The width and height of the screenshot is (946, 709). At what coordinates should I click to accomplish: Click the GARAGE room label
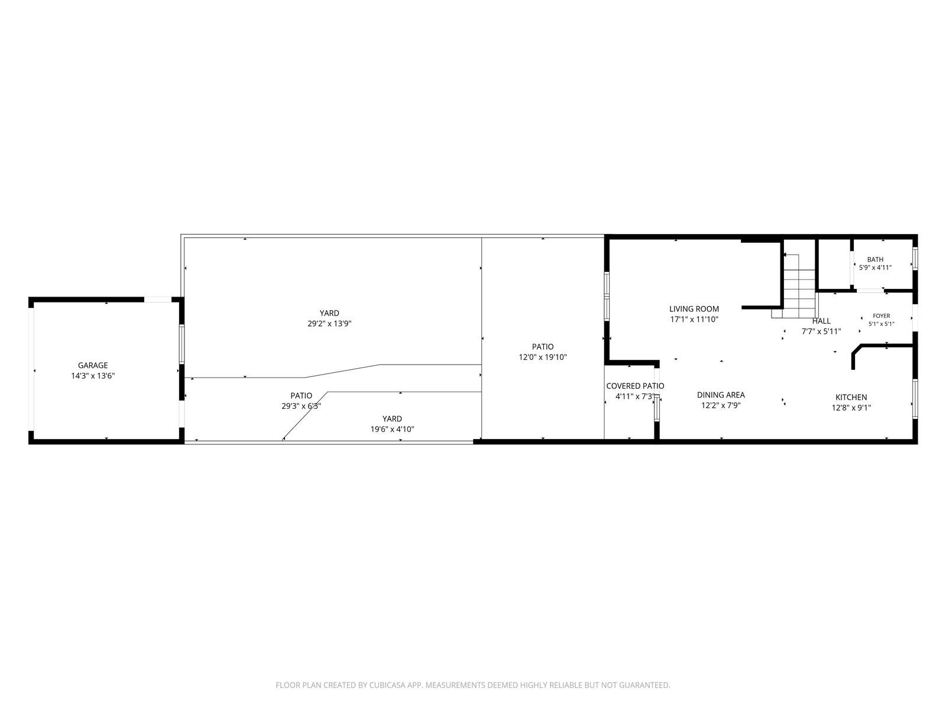(x=93, y=366)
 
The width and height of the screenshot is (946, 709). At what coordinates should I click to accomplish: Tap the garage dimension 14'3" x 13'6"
(x=93, y=376)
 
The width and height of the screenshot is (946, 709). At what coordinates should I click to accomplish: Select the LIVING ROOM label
(x=694, y=308)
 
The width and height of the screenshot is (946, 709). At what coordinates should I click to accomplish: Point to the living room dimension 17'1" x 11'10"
(x=694, y=320)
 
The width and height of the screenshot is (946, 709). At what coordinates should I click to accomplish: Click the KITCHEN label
(x=851, y=397)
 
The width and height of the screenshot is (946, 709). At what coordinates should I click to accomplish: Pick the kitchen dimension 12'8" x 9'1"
(x=851, y=408)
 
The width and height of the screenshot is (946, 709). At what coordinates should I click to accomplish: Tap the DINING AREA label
(x=721, y=395)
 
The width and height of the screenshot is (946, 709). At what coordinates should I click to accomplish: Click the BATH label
(x=875, y=259)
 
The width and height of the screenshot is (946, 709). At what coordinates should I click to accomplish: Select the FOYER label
(x=882, y=316)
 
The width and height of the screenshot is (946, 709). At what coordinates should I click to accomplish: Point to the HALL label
(x=821, y=321)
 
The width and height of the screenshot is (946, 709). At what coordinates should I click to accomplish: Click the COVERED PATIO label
(x=635, y=386)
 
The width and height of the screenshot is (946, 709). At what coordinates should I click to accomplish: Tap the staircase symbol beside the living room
(x=799, y=286)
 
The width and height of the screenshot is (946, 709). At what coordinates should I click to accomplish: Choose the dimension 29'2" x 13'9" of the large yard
(x=329, y=324)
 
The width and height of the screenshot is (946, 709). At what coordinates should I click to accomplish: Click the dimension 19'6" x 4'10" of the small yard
(x=392, y=429)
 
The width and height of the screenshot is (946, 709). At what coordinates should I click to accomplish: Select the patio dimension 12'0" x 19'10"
(x=543, y=357)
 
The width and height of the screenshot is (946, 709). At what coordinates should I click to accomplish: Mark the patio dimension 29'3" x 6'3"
(x=301, y=406)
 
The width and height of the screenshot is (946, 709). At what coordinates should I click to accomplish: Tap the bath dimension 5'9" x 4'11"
(x=875, y=267)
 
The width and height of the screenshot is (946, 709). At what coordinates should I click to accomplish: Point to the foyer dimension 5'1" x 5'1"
(x=882, y=324)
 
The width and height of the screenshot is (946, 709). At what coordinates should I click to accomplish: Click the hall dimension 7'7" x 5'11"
(x=821, y=331)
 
